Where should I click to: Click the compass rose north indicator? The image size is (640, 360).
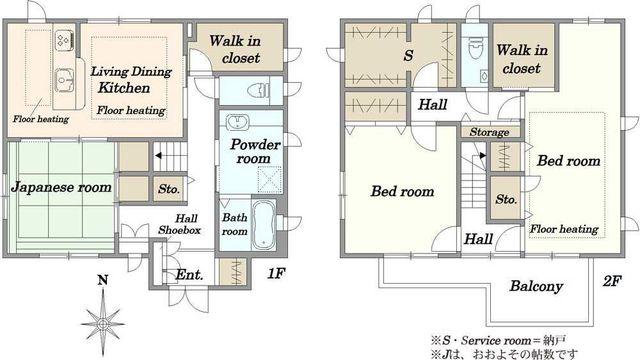(x=103, y=315)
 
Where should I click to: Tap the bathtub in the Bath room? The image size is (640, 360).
(x=263, y=224)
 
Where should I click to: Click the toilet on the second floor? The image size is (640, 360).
(x=475, y=48)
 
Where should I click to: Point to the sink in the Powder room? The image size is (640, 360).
(x=237, y=121)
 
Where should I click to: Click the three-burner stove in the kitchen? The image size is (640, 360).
(x=64, y=40)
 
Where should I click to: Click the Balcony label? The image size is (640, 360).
(x=536, y=286)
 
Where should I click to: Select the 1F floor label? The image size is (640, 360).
(x=276, y=273)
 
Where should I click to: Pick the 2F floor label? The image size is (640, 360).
(x=612, y=281)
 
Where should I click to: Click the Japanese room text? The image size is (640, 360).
(x=61, y=187)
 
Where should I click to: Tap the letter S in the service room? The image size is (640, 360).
(x=408, y=56)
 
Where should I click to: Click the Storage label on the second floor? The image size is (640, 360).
(x=489, y=132)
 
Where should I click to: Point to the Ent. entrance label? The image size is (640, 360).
(x=189, y=275)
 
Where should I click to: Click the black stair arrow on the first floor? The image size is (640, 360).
(x=158, y=156)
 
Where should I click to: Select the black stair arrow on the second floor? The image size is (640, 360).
(x=482, y=155)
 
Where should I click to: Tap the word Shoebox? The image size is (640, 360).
(x=180, y=230)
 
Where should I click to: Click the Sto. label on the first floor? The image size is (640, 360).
(x=169, y=189)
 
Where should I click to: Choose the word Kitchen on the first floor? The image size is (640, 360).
(x=124, y=88)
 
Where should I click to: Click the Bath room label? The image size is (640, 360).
(x=235, y=224)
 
